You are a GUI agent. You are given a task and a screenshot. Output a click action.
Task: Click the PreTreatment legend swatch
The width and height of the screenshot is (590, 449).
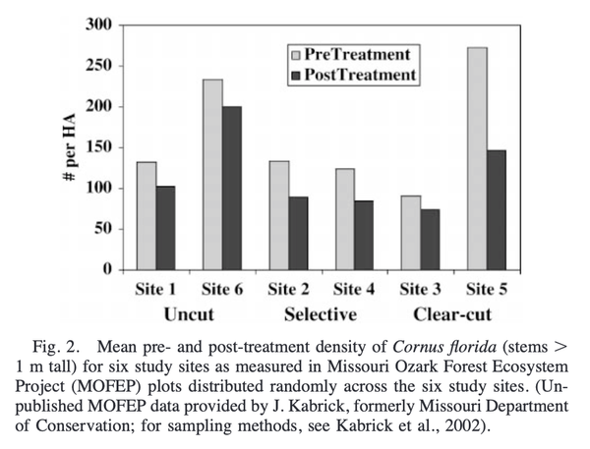click(295, 53)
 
